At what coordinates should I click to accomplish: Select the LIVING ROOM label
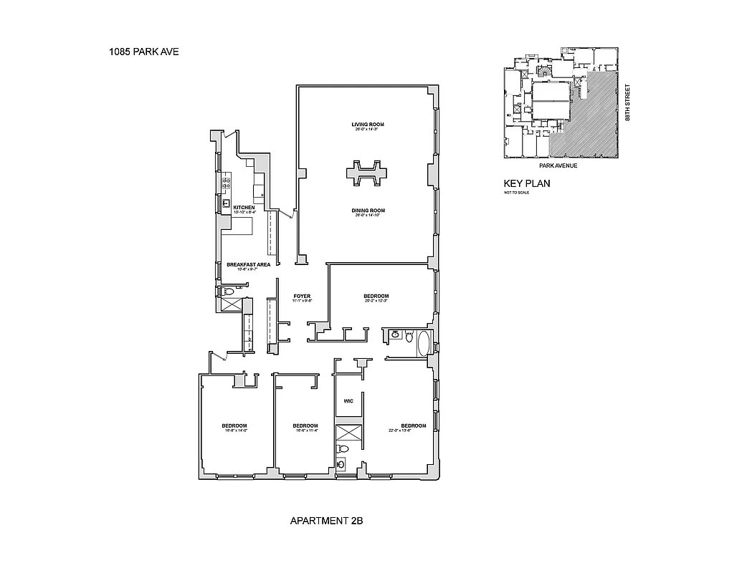tap(368, 125)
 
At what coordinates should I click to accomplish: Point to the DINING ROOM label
tap(368, 211)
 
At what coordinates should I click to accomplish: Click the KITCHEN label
tap(244, 208)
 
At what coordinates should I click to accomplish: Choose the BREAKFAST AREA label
tap(248, 264)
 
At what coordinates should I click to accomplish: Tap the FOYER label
tap(302, 296)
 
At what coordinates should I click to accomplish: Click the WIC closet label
tap(348, 400)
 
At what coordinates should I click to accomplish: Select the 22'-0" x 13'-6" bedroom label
tap(413, 425)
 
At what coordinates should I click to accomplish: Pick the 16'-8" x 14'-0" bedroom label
tap(234, 426)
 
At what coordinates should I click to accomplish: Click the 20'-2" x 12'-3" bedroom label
tap(376, 297)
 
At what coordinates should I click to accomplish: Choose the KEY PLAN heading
tap(527, 183)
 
